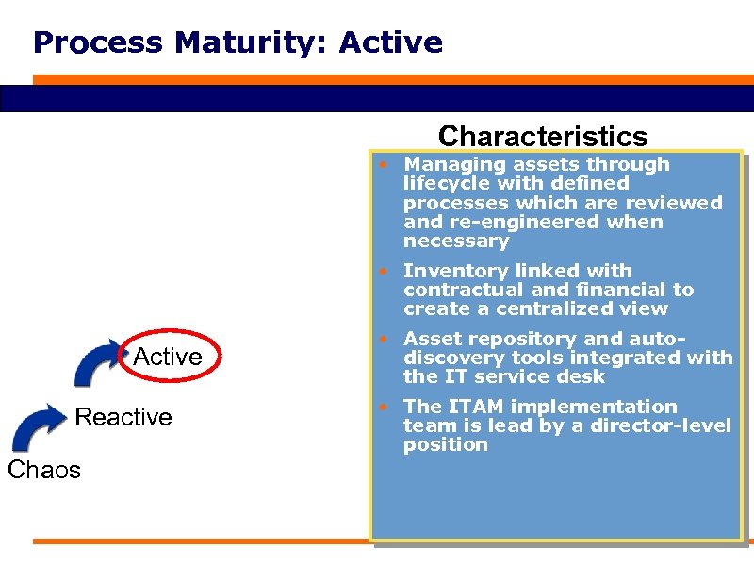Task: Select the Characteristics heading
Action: tap(543, 136)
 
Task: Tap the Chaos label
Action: tap(44, 470)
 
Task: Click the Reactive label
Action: tap(123, 417)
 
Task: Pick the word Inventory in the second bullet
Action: tap(451, 271)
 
